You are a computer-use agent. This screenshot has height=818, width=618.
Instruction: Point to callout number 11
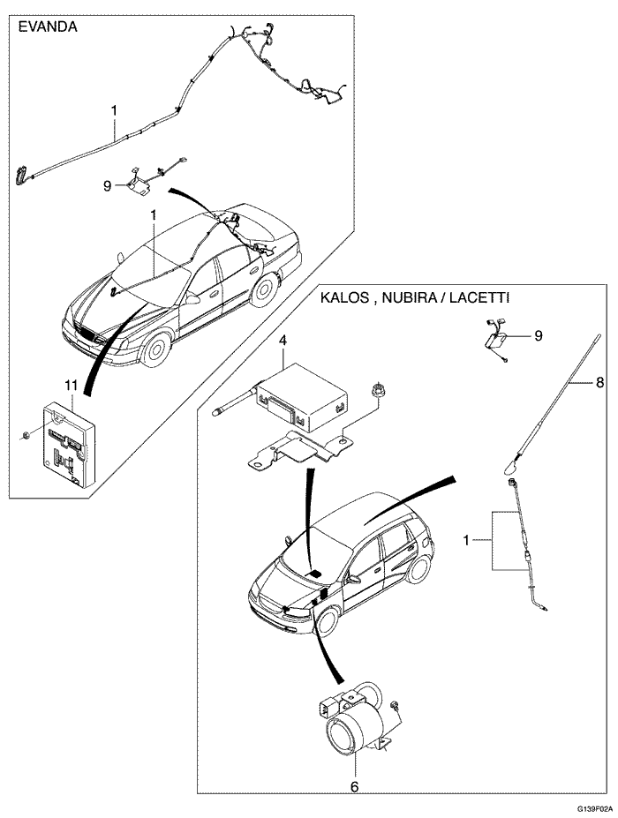coord(72,385)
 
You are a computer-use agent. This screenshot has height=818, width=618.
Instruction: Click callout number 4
coord(283,340)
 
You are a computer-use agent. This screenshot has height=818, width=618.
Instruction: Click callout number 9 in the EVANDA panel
coord(107,186)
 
